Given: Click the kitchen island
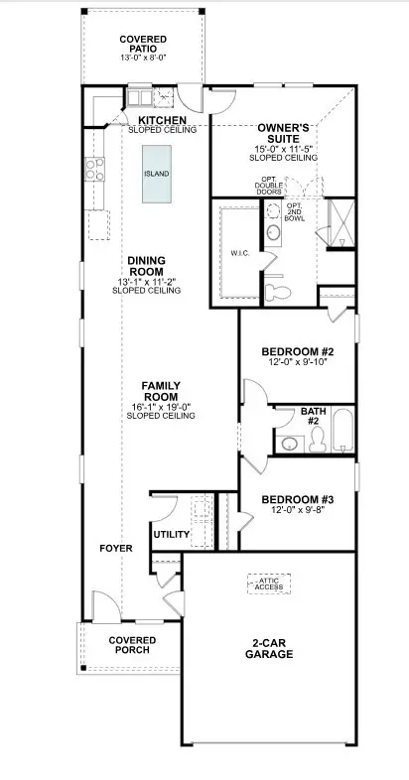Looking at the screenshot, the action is click(157, 174).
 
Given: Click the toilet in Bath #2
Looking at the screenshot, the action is click(318, 440).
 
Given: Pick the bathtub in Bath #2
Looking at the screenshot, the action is click(342, 430).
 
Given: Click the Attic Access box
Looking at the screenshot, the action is click(269, 584).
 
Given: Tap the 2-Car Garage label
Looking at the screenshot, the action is click(269, 649).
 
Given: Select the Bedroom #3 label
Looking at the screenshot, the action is click(292, 499).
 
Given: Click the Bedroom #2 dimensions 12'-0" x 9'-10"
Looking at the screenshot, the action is click(298, 361).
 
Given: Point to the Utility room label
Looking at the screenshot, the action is click(171, 535).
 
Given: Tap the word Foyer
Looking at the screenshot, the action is click(116, 548).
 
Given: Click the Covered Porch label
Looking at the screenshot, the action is click(132, 645).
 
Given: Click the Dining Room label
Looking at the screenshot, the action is click(146, 266).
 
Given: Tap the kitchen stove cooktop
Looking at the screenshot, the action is click(94, 169).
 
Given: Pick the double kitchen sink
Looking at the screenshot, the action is click(139, 97).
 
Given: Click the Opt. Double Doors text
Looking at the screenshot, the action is click(269, 186).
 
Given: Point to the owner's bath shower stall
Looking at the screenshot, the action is click(341, 223).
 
